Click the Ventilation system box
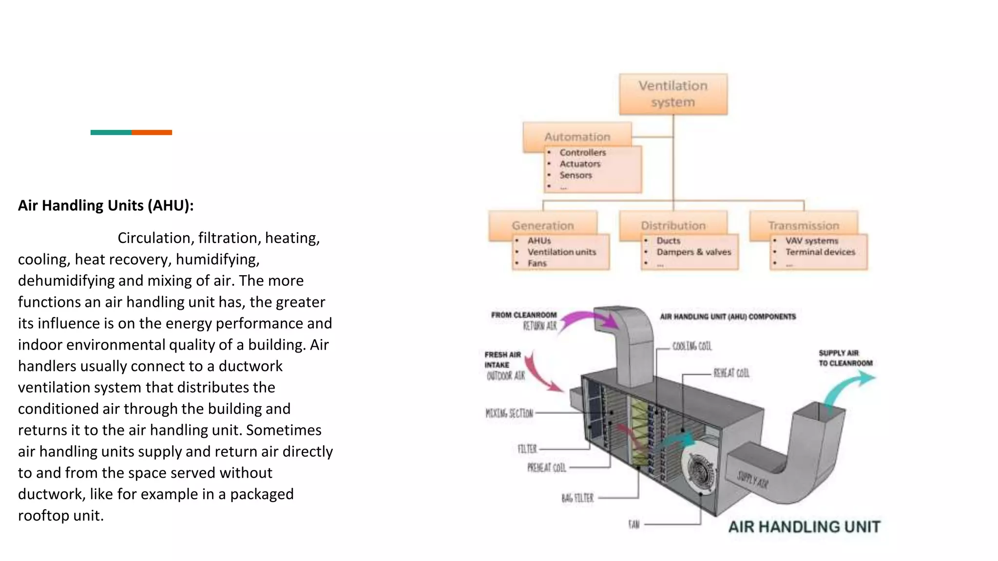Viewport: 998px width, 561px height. [673, 94]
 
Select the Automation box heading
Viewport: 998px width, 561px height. [577, 137]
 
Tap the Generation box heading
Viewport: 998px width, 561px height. [542, 225]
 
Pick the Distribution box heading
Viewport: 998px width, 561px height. [673, 225]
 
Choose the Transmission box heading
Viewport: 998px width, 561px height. [804, 225]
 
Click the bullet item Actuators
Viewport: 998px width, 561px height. [580, 164]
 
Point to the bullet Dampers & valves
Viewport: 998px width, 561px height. [693, 252]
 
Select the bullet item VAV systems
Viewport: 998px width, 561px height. [811, 241]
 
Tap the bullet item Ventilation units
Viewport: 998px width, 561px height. [561, 252]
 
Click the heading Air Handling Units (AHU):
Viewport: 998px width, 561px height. [106, 206]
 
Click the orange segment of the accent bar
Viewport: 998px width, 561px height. [152, 132]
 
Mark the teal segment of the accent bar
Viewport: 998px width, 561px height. [111, 132]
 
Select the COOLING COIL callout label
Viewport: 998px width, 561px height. [692, 346]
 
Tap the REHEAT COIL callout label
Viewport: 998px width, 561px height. [731, 373]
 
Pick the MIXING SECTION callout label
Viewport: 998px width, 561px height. [509, 413]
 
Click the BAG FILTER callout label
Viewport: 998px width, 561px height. [577, 498]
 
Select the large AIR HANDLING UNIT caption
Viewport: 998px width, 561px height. [804, 526]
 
